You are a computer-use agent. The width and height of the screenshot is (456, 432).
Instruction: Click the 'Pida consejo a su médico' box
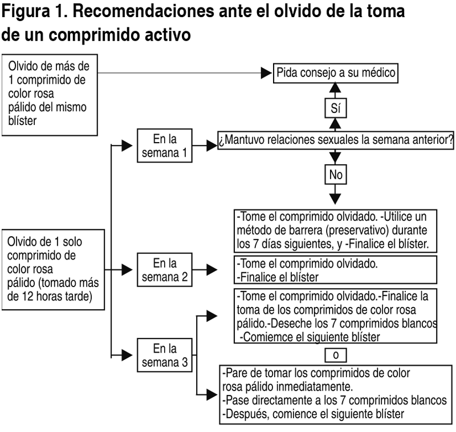336,73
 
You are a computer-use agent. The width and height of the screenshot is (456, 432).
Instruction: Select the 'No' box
336,174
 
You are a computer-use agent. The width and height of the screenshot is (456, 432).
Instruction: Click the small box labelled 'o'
336,355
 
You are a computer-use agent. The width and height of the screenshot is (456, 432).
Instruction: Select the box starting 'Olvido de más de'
49,94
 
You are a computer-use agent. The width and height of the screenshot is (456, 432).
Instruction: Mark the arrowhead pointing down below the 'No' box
336,197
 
